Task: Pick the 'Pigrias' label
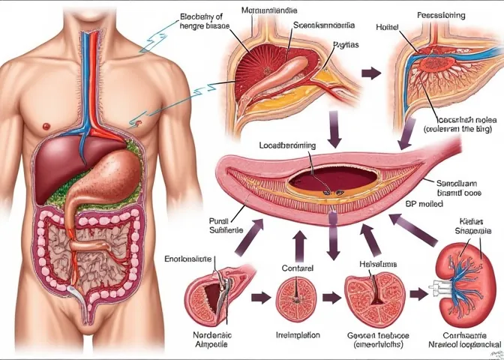coord(345,44)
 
